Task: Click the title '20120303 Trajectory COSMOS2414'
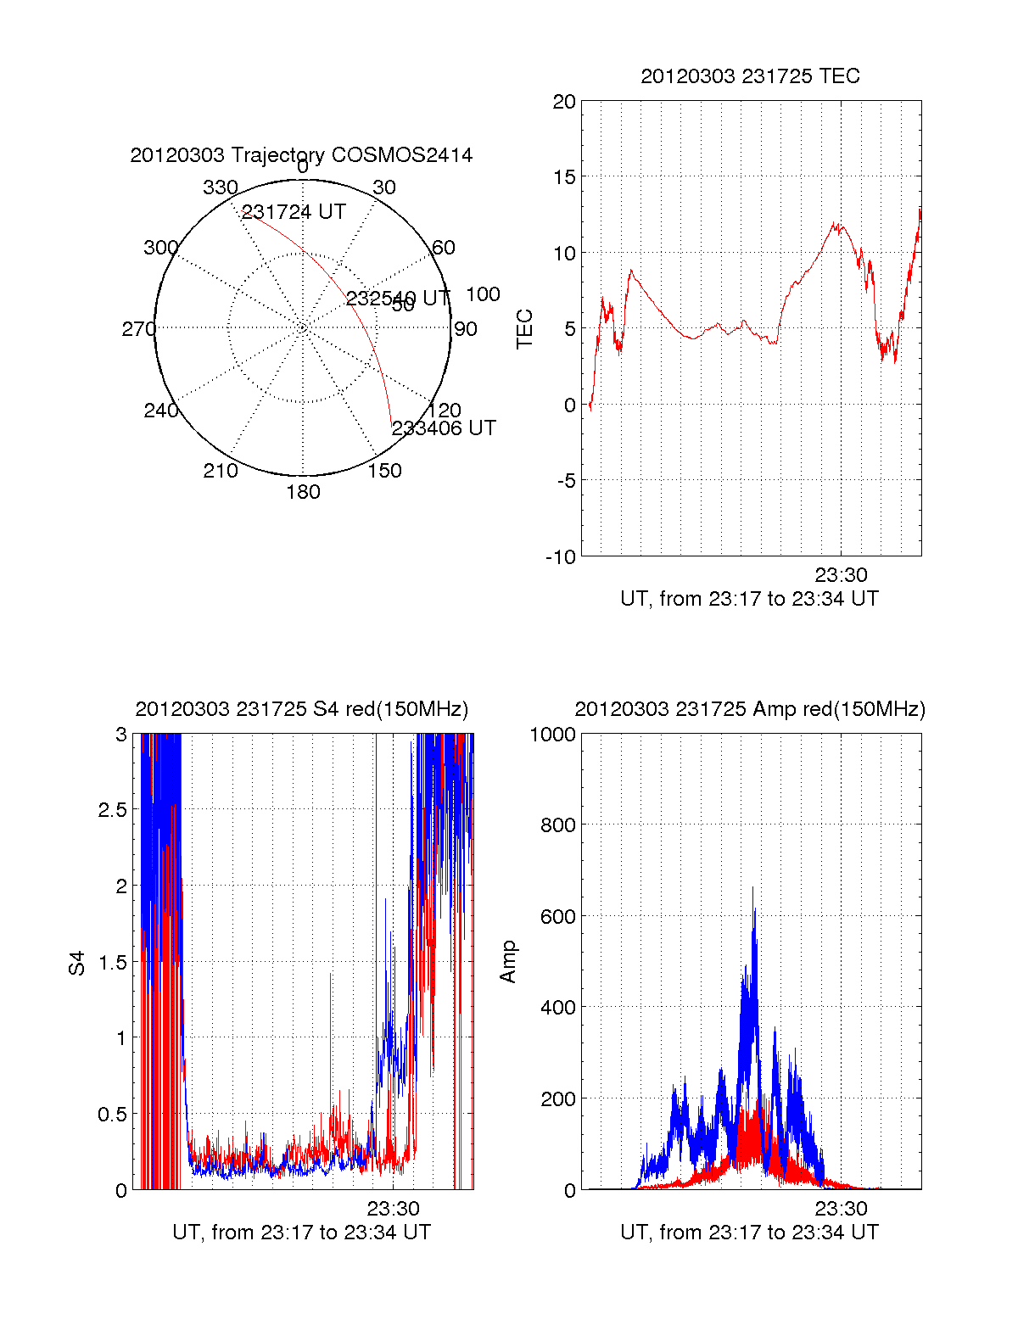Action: [301, 154]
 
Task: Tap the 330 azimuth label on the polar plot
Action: [220, 187]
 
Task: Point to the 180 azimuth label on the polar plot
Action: [303, 492]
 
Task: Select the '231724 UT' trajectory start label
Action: [294, 212]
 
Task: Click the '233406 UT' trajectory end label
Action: [444, 428]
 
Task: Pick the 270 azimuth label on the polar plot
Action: [138, 329]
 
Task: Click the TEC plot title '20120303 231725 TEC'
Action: [750, 76]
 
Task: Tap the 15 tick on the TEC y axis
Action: [564, 177]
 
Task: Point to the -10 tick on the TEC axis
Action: [560, 557]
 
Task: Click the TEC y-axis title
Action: [525, 329]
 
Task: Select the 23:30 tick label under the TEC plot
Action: [841, 576]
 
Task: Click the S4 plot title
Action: [301, 709]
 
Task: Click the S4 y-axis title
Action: [77, 963]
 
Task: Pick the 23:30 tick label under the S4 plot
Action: [393, 1209]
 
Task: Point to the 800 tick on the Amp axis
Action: [557, 825]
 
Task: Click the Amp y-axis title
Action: [508, 962]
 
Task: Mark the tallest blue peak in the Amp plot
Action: [752, 889]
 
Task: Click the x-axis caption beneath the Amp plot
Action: [749, 1233]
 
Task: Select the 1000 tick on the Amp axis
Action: [552, 735]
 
